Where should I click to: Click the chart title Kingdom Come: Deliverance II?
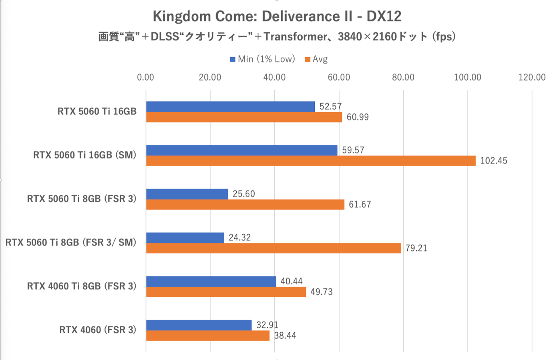click(x=277, y=16)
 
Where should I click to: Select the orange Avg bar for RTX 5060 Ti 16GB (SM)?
click(x=311, y=161)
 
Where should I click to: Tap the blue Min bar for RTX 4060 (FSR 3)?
click(x=199, y=325)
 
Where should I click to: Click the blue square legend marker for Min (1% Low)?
click(x=233, y=60)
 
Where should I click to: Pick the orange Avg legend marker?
click(x=308, y=60)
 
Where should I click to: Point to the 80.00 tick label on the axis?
click(x=403, y=77)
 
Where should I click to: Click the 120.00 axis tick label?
click(x=532, y=77)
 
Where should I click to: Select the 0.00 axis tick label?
click(x=145, y=77)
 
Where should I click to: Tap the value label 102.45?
click(x=493, y=161)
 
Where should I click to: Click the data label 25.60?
click(x=243, y=194)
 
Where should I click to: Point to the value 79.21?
click(x=416, y=248)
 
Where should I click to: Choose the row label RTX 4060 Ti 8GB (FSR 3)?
click(x=82, y=286)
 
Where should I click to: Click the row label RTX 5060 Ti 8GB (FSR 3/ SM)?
click(x=71, y=243)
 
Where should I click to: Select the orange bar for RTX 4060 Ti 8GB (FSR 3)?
click(x=226, y=292)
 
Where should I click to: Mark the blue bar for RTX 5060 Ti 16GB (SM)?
click(x=241, y=150)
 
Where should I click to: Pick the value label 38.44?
click(x=285, y=336)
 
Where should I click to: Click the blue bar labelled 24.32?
click(x=185, y=237)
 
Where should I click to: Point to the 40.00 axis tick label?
click(x=274, y=77)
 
